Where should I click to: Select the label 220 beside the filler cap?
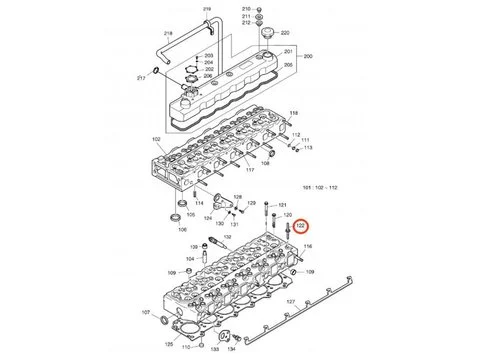click(285, 33)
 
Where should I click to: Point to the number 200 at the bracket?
click(308, 58)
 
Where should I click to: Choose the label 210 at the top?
click(247, 7)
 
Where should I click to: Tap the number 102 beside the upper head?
click(155, 140)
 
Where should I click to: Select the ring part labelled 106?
click(181, 227)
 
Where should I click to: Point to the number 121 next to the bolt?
click(283, 204)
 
